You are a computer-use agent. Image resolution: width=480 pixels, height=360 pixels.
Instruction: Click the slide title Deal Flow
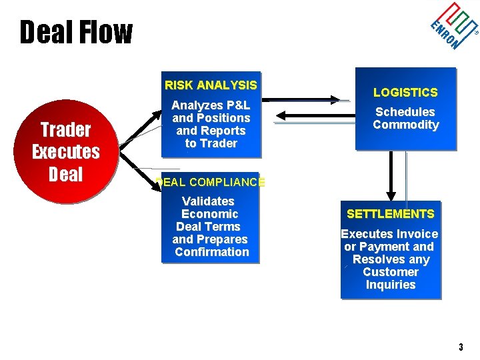pyautogui.click(x=76, y=33)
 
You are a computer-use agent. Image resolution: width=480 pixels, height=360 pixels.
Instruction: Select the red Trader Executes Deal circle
pyautogui.click(x=66, y=152)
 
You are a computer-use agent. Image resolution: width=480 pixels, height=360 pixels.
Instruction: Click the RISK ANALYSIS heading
pyautogui.click(x=211, y=85)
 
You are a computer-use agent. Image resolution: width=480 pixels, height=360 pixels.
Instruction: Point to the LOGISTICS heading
pyautogui.click(x=405, y=93)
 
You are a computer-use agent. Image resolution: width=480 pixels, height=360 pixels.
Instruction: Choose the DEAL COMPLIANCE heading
pyautogui.click(x=211, y=182)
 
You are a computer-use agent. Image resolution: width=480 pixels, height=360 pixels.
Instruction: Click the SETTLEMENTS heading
pyautogui.click(x=390, y=214)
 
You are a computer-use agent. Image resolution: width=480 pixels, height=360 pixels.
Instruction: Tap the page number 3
pyautogui.click(x=461, y=347)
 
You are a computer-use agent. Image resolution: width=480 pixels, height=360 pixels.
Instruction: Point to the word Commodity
pyautogui.click(x=405, y=125)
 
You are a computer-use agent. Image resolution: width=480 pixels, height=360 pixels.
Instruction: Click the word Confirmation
pyautogui.click(x=212, y=252)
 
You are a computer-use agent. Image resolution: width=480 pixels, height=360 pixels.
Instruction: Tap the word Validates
pyautogui.click(x=208, y=201)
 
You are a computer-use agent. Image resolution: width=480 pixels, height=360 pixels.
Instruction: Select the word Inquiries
pyautogui.click(x=390, y=285)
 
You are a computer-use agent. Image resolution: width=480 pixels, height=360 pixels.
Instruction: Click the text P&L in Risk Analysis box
pyautogui.click(x=239, y=105)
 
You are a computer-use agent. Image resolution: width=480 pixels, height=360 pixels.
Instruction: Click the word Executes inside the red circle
pyautogui.click(x=66, y=152)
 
